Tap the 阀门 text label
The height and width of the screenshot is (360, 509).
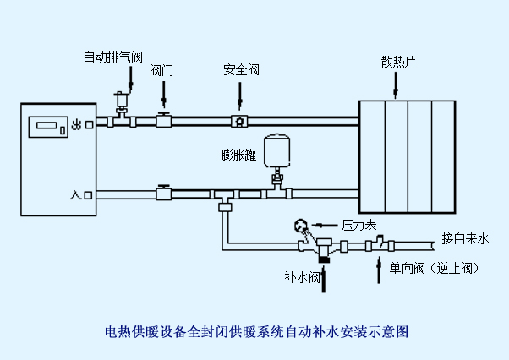[x=161, y=70]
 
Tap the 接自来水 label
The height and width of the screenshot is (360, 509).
[x=465, y=239]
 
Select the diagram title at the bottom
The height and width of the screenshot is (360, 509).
[x=255, y=331]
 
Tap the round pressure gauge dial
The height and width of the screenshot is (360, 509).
[x=300, y=226]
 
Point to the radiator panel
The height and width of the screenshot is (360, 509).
[x=408, y=155]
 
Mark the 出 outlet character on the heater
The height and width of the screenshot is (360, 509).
[x=77, y=124]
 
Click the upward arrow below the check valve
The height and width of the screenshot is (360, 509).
[x=378, y=270]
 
